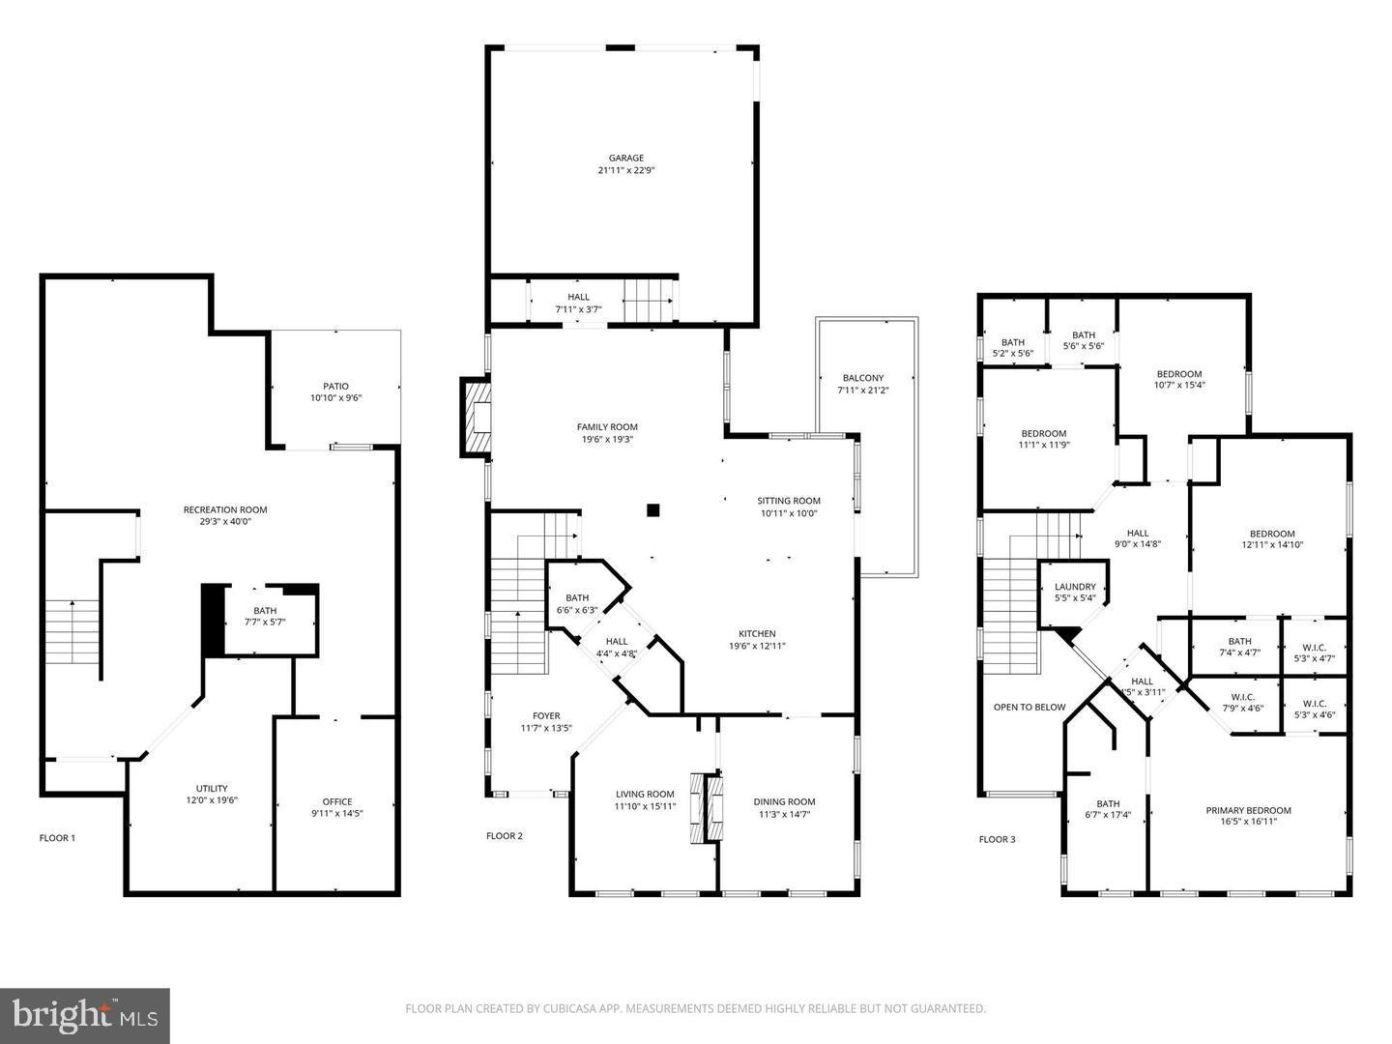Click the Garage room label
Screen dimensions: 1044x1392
[x=625, y=159]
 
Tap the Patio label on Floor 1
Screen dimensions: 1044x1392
[x=335, y=387]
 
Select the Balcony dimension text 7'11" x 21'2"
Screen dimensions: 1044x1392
[x=862, y=391]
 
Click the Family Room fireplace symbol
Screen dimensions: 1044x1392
[x=476, y=417]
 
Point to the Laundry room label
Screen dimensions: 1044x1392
[x=1075, y=587]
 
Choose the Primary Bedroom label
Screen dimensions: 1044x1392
[x=1248, y=810]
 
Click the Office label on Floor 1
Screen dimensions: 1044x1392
[x=336, y=801]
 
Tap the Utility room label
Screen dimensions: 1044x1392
[x=212, y=789]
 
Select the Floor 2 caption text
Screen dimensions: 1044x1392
[x=505, y=836]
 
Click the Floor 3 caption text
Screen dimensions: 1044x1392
[x=998, y=839]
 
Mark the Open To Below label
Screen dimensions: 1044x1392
[x=1029, y=707]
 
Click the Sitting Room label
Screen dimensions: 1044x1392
[x=789, y=501]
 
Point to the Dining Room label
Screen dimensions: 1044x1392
[x=784, y=801]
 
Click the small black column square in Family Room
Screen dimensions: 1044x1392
[x=653, y=509]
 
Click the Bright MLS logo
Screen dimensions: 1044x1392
[x=85, y=1015]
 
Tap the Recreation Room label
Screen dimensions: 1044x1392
[x=225, y=509]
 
